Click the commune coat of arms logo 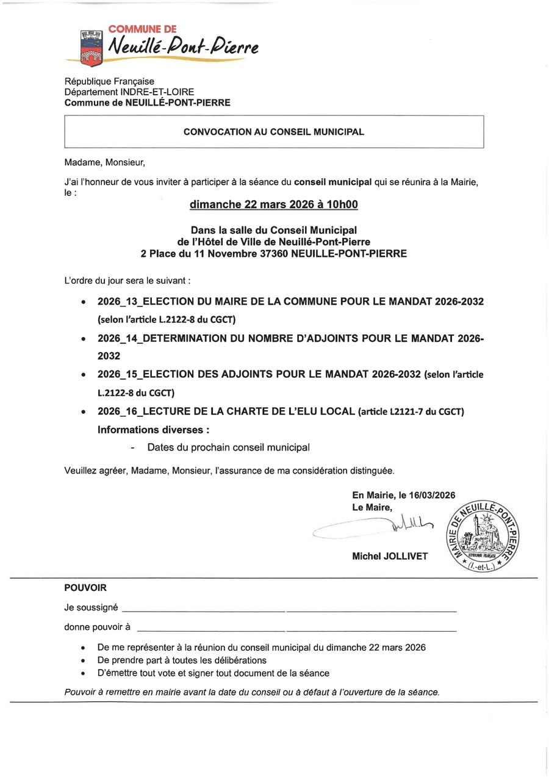click(x=91, y=48)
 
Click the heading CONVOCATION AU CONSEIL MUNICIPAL click(x=274, y=132)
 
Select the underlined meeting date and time click(x=274, y=205)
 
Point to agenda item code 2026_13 click(x=119, y=302)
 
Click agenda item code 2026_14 click(x=119, y=338)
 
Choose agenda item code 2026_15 click(x=119, y=374)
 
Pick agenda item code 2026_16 click(x=119, y=411)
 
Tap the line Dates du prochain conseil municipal click(x=228, y=447)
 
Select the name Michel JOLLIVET click(x=390, y=556)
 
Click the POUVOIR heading click(x=85, y=588)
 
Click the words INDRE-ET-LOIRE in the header click(x=157, y=92)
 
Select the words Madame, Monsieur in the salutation click(x=104, y=162)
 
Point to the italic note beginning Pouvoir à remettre click(x=252, y=692)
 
